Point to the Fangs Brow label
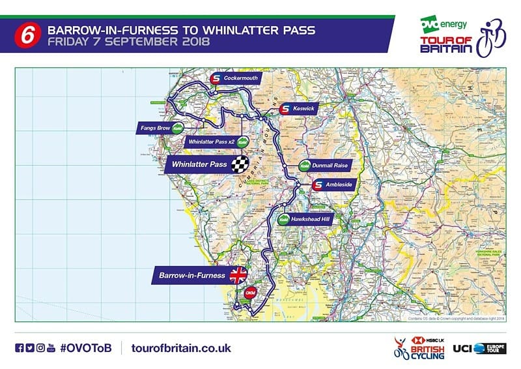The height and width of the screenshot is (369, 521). [x=155, y=128]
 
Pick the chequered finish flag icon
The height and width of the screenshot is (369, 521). [x=242, y=164]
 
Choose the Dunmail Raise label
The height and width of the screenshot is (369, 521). [x=331, y=166]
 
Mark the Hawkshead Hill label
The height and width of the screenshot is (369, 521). [x=312, y=220]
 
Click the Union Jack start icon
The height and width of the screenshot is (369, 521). [x=239, y=275]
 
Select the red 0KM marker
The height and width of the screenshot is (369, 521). [x=249, y=294]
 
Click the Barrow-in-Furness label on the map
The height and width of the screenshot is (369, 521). [x=192, y=275]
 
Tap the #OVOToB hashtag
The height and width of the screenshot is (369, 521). [x=86, y=347]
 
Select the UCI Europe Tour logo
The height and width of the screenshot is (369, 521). [x=479, y=348]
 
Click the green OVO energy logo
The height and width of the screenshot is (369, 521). [x=443, y=24]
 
